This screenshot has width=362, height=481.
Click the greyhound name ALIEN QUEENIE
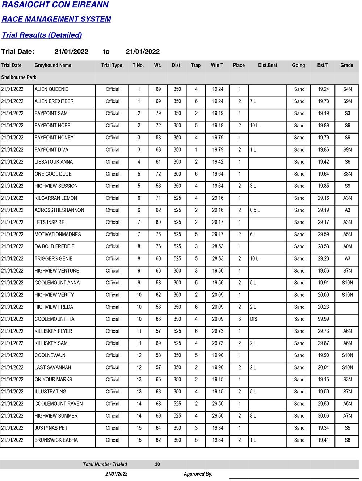pyautogui.click(x=51, y=89)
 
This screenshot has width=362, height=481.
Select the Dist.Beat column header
pyautogui.click(x=268, y=66)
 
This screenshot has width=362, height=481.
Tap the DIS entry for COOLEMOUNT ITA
pyautogui.click(x=253, y=319)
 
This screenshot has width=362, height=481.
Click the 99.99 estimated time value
pyautogui.click(x=323, y=319)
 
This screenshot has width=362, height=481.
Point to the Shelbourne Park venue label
pyautogui.click(x=19, y=77)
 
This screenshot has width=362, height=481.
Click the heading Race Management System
pyautogui.click(x=56, y=19)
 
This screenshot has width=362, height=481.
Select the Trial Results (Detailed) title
pyautogui.click(x=42, y=35)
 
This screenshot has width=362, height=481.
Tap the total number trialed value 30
pyautogui.click(x=157, y=464)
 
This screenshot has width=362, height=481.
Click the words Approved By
pyautogui.click(x=198, y=474)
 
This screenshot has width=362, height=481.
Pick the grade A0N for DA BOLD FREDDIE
pyautogui.click(x=347, y=246)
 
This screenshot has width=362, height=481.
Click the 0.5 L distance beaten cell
pyautogui.click(x=255, y=210)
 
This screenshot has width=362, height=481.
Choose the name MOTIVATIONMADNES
pyautogui.click(x=58, y=235)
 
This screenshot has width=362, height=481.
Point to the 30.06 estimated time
pyautogui.click(x=323, y=416)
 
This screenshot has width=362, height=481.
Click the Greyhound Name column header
pyautogui.click(x=53, y=66)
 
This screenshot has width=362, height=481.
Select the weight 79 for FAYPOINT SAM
pyautogui.click(x=158, y=114)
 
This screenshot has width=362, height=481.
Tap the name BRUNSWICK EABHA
pyautogui.click(x=56, y=440)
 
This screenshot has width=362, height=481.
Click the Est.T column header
pyautogui.click(x=323, y=66)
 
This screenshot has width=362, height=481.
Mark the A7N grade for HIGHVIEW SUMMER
pyautogui.click(x=347, y=416)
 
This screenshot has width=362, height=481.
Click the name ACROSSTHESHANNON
pyautogui.click(x=59, y=210)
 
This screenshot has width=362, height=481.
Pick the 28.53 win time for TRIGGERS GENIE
pyautogui.click(x=218, y=259)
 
